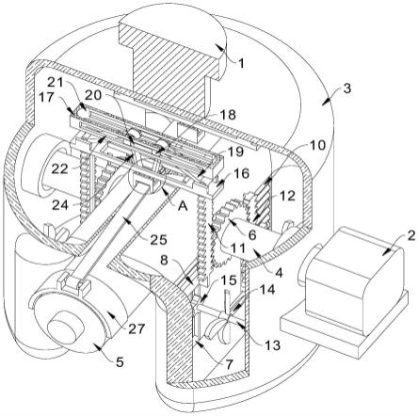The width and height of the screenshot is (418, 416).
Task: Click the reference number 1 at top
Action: [240, 64]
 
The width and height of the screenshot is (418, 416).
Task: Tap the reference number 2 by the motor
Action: [411, 235]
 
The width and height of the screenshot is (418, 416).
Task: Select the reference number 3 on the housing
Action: [346, 88]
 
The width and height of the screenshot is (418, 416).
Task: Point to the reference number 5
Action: [120, 362]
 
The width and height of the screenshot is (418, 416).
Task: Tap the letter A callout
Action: [183, 205]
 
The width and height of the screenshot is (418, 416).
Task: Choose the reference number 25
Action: [159, 240]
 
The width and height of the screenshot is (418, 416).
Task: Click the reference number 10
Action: [317, 146]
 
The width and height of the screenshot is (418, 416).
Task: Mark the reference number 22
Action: [59, 169]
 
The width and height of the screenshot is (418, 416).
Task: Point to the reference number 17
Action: [47, 97]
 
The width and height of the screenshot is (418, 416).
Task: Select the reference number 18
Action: [229, 115]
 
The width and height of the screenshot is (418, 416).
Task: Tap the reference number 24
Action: [59, 205]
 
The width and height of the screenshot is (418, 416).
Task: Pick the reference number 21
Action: [56, 83]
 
